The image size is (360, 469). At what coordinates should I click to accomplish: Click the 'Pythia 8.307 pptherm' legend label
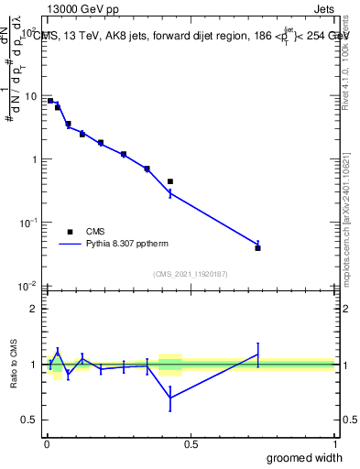pos(128,244)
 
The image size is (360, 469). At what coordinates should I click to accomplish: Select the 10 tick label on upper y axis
pos(30,96)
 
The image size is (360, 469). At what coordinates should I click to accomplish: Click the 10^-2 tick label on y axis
pos(28,286)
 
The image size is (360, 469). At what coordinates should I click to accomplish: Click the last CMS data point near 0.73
pos(258,248)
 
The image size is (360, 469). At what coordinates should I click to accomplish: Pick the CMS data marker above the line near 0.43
pos(170,181)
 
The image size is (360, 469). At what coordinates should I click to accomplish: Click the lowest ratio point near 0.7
pos(170,397)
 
